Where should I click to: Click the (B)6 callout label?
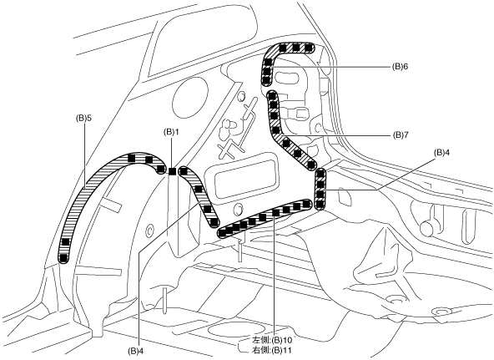(x=400, y=67)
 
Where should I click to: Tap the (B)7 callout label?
(x=400, y=135)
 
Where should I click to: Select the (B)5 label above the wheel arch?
(x=83, y=118)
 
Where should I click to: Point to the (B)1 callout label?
(x=171, y=131)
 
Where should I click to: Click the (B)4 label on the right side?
(x=441, y=153)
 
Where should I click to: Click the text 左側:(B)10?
(x=272, y=341)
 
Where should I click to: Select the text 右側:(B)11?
(x=272, y=350)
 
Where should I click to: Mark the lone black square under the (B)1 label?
(x=172, y=171)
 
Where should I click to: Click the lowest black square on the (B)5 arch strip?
(x=64, y=258)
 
